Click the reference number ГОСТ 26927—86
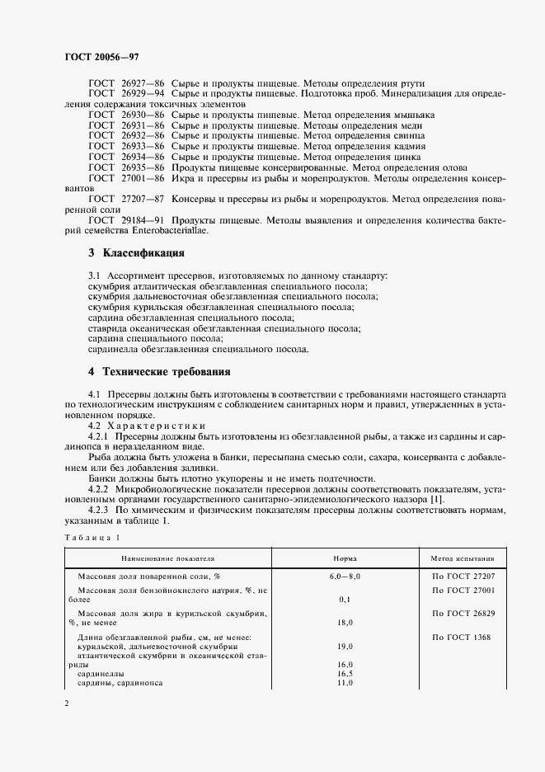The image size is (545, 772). (126, 85)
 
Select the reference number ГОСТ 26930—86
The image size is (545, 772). (126, 115)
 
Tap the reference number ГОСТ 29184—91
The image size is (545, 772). (126, 221)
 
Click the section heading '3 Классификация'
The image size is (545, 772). (137, 252)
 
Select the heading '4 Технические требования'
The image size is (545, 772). (159, 371)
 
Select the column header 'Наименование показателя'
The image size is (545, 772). (153, 558)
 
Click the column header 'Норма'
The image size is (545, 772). (345, 558)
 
